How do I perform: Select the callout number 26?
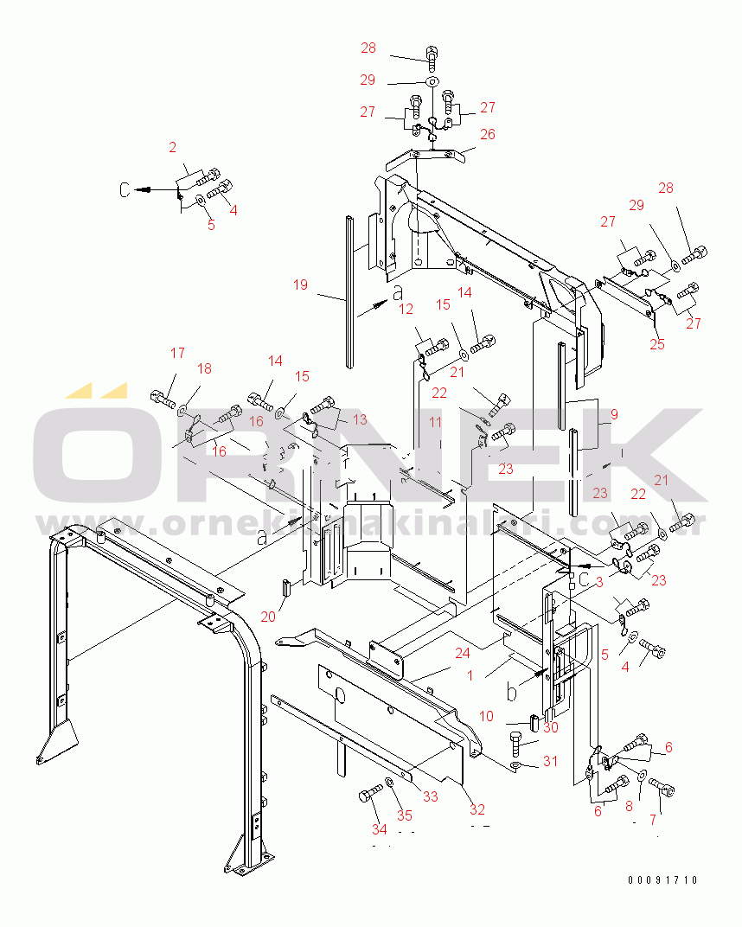pos(488,134)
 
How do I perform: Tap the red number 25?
pos(656,345)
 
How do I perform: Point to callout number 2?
pos(172,148)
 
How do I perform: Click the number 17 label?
pos(177,353)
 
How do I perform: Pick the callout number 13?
pos(359,419)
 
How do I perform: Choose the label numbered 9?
pos(613,414)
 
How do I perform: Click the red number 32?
pos(477,810)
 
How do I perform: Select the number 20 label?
pos(267,617)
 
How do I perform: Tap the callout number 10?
pos(486,716)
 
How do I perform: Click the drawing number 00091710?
pos(662,880)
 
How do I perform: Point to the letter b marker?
pos(511,692)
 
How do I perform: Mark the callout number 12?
pos(406,309)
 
